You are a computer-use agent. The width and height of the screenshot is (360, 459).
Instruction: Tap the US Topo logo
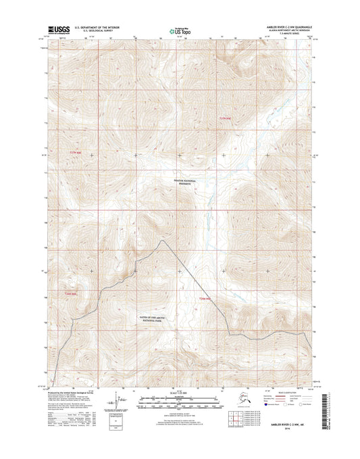click(x=180, y=30)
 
